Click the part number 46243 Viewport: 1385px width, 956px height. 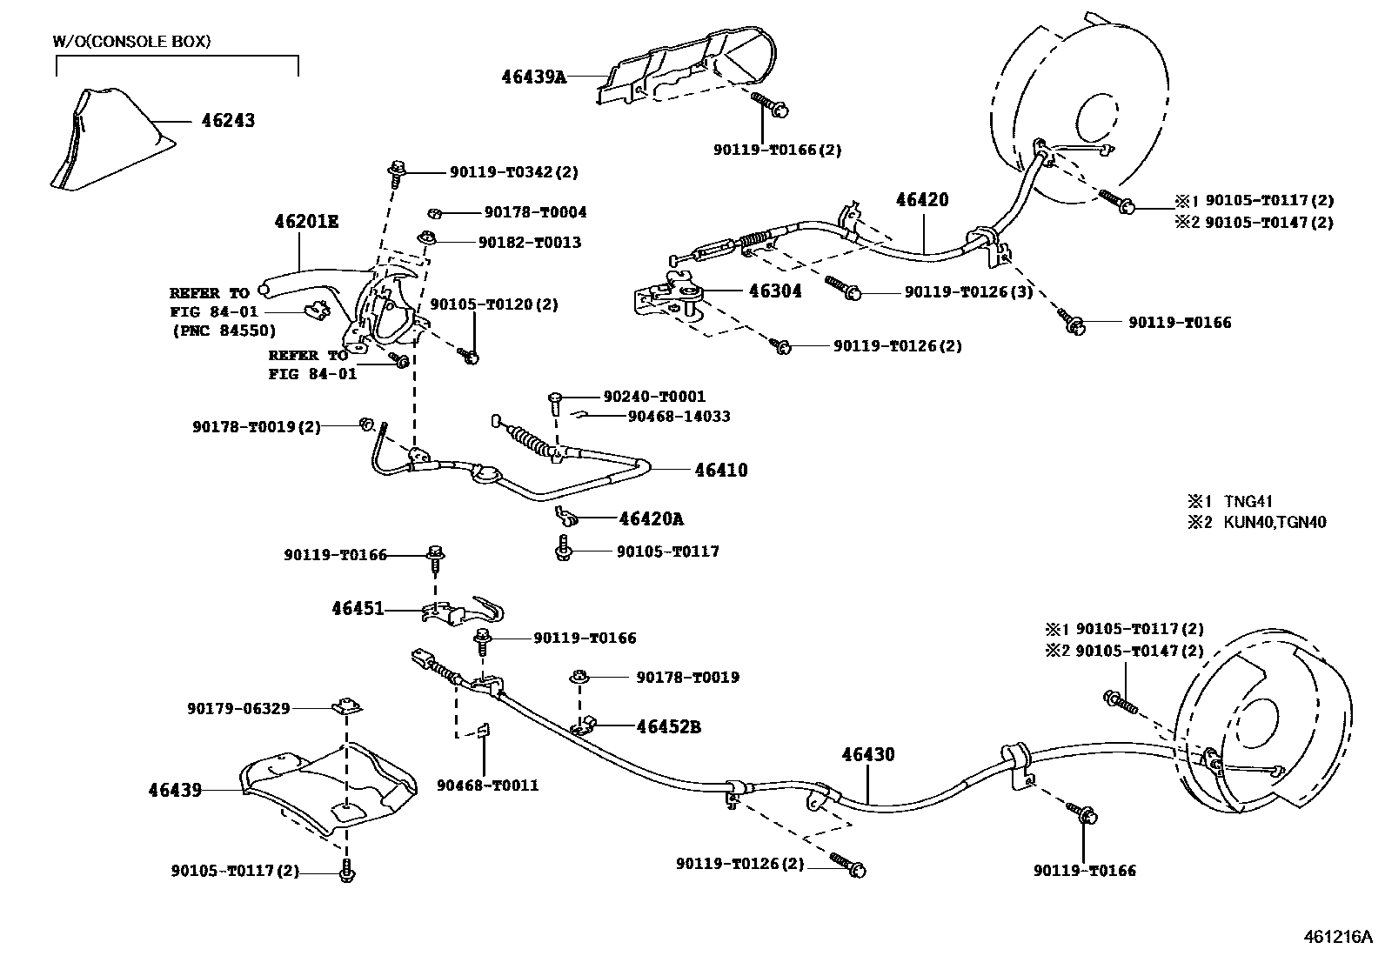pos(228,120)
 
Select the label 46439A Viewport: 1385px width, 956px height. pos(533,77)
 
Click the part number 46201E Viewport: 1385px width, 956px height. pos(306,222)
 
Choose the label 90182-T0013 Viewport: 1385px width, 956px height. pos(529,243)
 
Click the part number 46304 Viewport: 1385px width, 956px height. pos(775,291)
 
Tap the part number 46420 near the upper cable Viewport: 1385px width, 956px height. pos(922,200)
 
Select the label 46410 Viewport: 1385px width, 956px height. pos(721,471)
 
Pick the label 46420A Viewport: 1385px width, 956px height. pos(651,519)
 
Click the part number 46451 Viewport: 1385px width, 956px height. pos(358,609)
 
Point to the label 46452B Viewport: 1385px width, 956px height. pos(668,726)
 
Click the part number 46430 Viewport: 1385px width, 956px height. pos(867,755)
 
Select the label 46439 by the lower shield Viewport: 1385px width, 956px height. pos(175,790)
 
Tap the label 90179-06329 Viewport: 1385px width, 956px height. pos(238,709)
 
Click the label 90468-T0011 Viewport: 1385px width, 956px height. pos(488,786)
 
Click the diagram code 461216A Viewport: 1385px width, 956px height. pos(1337,937)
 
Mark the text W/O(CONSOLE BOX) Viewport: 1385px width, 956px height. pos(131,41)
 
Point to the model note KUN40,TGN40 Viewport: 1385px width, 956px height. pos(1275,523)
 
